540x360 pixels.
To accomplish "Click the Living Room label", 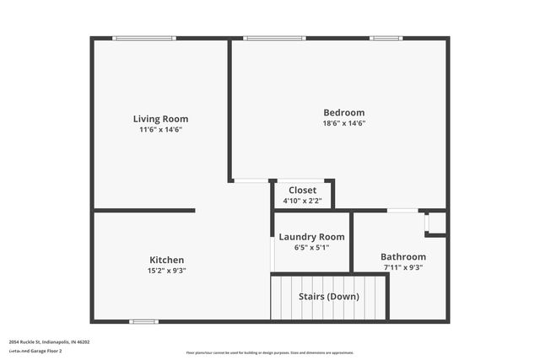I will (x=160, y=119).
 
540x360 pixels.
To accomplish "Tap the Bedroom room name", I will (x=344, y=113).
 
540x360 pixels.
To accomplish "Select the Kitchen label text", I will (x=166, y=260).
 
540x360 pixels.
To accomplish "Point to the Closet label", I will (x=302, y=191).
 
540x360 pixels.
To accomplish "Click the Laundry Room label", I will (x=311, y=237).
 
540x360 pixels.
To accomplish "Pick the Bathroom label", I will (x=402, y=257).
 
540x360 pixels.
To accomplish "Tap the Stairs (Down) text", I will (x=329, y=297).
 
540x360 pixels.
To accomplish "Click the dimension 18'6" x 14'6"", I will (x=344, y=123).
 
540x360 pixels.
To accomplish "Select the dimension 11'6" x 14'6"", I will (x=160, y=130).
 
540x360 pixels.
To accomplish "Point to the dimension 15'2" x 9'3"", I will (x=166, y=271).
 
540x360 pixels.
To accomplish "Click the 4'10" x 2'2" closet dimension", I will (x=302, y=201).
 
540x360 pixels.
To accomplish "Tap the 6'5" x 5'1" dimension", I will (x=311, y=248).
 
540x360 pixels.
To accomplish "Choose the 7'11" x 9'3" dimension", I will (x=402, y=268).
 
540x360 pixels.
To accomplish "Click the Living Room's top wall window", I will (x=144, y=38).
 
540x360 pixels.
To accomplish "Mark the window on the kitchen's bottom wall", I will (x=143, y=321).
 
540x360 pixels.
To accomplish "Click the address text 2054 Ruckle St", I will (x=50, y=342).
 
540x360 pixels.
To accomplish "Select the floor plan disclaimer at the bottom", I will (x=270, y=352).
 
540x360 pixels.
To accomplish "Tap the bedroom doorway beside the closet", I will (x=251, y=180).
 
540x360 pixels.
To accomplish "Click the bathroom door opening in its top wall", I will (x=402, y=210).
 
